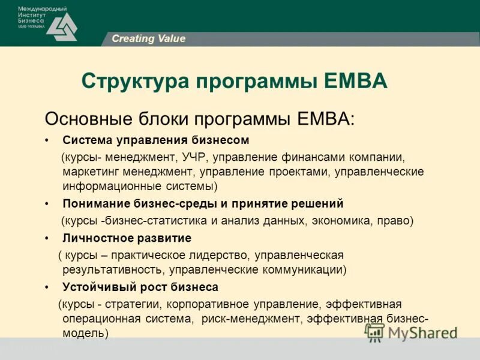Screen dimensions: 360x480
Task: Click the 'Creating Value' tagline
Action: [148, 39]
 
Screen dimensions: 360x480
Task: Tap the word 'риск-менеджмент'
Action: [249, 319]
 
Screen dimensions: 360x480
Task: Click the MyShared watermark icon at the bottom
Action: [375, 332]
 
